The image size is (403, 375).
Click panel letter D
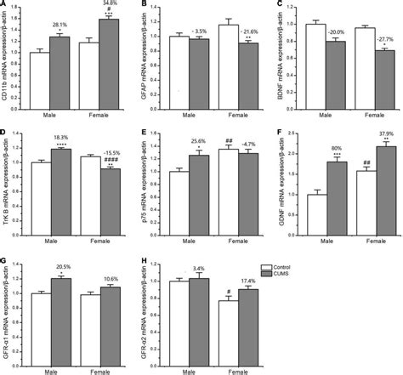pyautogui.click(x=5, y=134)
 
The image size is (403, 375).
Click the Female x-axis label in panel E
pyautogui.click(x=237, y=244)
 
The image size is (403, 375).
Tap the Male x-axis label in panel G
pyautogui.click(x=49, y=370)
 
